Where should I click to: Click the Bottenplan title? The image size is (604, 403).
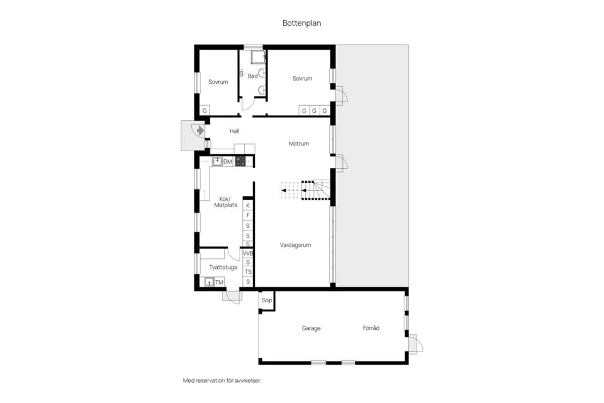tap(301, 23)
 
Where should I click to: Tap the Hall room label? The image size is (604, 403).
tap(234, 131)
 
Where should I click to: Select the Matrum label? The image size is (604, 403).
tap(298, 144)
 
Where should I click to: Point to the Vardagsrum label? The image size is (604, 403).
tap(296, 245)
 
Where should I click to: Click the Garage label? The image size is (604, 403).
tap(311, 328)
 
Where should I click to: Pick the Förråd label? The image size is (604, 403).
tap(371, 328)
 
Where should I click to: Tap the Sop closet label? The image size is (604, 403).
tap(267, 300)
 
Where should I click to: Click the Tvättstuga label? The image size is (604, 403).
tap(223, 267)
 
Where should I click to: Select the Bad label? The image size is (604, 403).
tap(253, 76)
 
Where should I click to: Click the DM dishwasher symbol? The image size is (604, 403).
tap(228, 162)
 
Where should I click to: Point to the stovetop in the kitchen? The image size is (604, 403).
tap(240, 161)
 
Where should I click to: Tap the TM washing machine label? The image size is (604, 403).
tap(219, 282)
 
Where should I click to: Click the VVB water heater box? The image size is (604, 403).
tap(248, 253)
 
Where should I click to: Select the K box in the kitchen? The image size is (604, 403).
tap(248, 205)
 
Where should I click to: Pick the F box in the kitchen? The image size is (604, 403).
tap(248, 215)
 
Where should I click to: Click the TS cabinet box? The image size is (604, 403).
tap(248, 272)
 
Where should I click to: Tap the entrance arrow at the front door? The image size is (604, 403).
tap(200, 131)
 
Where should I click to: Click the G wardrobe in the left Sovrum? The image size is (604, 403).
tap(204, 111)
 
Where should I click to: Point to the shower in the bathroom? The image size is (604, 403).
tap(258, 57)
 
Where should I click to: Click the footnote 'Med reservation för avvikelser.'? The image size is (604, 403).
tap(222, 380)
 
